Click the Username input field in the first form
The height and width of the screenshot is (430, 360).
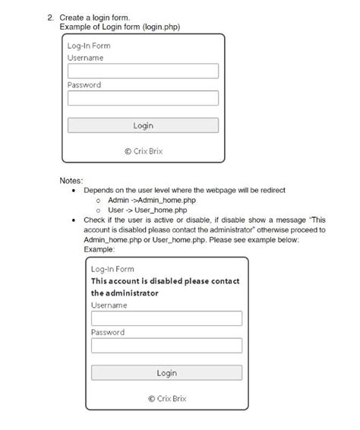coord(143,71)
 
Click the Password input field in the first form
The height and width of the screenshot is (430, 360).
coord(143,98)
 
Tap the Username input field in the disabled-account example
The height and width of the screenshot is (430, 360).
coord(166,318)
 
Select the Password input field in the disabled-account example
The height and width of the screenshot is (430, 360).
coord(166,346)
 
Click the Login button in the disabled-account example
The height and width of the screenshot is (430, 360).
coord(166,373)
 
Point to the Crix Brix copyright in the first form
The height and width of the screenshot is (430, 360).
coord(143,150)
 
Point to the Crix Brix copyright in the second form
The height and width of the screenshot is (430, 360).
coord(166,398)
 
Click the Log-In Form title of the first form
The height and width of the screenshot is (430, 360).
coord(89,46)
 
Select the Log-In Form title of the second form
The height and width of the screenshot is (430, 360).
coord(112,269)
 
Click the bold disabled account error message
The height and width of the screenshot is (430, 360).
coord(164,286)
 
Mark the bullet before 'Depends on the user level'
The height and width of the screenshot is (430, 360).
coord(73,191)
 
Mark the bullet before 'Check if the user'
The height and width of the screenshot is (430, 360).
coord(73,220)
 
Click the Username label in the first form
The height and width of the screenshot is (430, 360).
coord(85,58)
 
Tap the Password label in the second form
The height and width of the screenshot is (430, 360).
coord(108,333)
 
